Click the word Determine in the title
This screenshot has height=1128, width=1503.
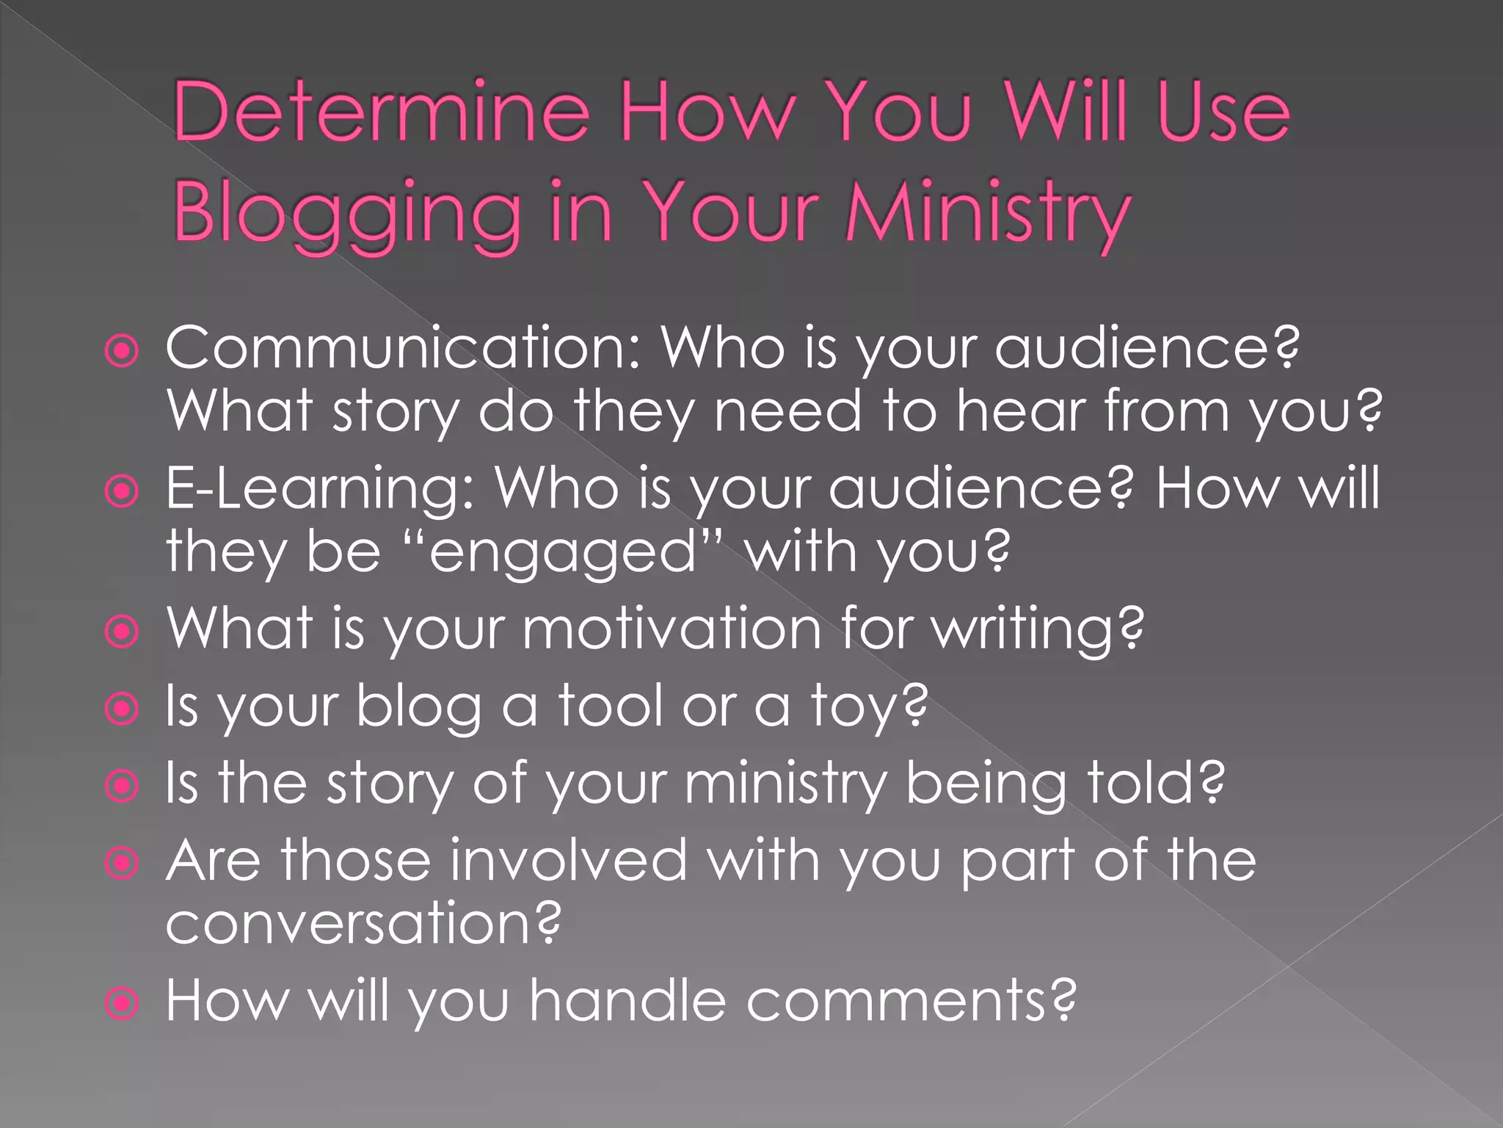(x=381, y=112)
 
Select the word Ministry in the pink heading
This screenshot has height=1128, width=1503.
(x=987, y=212)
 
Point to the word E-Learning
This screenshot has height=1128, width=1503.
(x=320, y=488)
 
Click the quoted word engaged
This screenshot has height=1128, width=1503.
(x=564, y=552)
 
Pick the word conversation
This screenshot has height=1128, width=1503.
(x=363, y=923)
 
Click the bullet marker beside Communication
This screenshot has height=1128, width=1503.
(x=122, y=351)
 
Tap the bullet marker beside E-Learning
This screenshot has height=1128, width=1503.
(x=122, y=491)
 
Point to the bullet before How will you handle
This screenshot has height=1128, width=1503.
(x=122, y=1003)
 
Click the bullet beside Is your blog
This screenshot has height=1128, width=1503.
(x=122, y=709)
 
